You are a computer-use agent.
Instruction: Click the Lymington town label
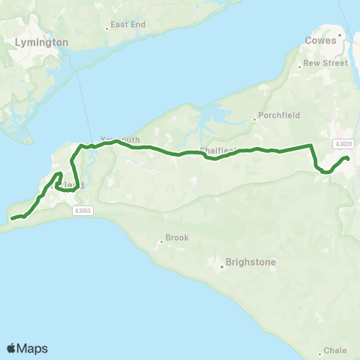41,43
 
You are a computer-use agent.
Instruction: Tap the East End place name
127,24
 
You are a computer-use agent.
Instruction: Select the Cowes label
321,40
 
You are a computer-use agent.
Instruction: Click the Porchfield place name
278,117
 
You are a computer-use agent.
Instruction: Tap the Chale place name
334,351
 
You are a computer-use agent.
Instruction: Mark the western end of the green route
12,218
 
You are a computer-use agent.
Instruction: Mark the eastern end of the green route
348,159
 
